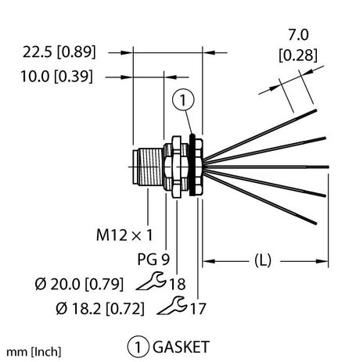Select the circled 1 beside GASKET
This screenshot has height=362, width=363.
pos(137,344)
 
